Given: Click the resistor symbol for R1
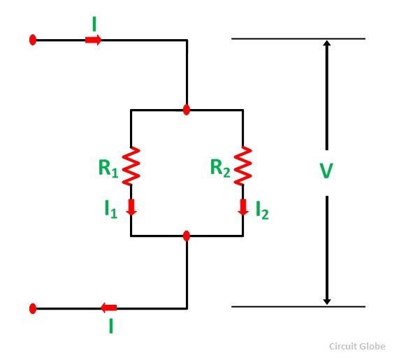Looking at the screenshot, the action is (131, 166).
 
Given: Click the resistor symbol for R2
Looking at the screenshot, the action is (243, 166).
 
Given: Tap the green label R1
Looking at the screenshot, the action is (108, 168).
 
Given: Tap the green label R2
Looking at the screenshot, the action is (220, 168).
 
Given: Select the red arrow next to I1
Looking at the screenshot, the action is (131, 207).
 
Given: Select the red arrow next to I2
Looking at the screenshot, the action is (243, 207).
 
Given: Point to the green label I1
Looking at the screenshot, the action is (111, 209).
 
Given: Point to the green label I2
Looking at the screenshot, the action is (262, 210).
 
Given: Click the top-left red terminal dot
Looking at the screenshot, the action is (33, 40).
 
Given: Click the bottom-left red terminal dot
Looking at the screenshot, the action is (33, 308).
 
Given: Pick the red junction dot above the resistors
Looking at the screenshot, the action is (187, 110).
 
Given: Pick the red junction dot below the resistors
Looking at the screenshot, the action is (187, 236).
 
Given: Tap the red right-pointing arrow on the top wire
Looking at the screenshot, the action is (93, 40).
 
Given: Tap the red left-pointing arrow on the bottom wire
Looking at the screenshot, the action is (108, 308).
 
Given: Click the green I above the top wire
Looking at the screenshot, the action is (94, 24).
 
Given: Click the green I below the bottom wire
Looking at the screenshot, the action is (111, 326).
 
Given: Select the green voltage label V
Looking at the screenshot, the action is (326, 171).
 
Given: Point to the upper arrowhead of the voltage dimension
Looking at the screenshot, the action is (327, 43).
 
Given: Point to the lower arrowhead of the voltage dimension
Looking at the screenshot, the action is (327, 302).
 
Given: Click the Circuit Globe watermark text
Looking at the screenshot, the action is (357, 347).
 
